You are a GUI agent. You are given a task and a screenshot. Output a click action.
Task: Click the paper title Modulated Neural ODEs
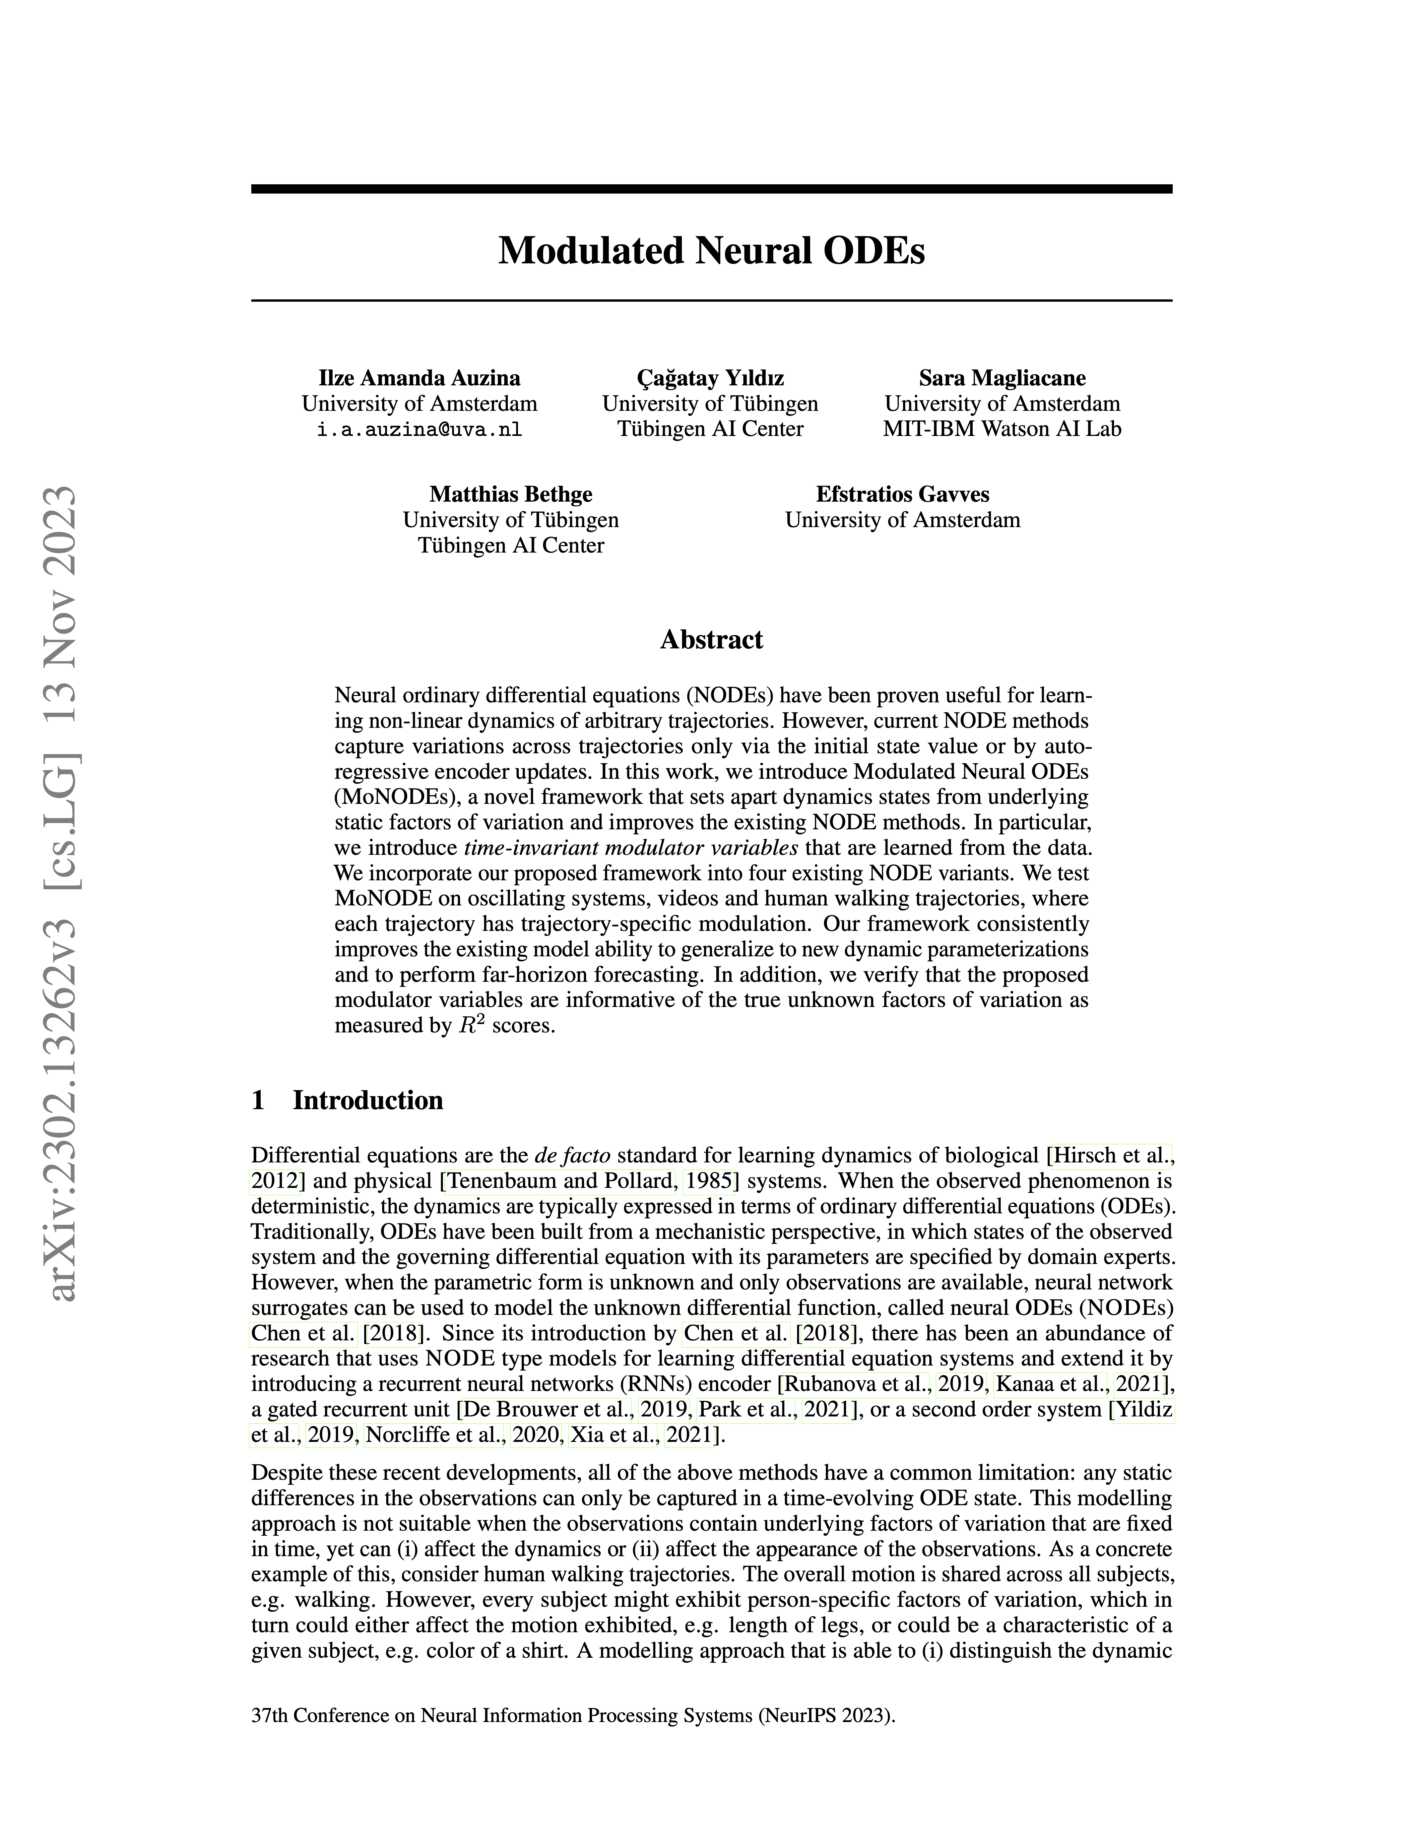711,251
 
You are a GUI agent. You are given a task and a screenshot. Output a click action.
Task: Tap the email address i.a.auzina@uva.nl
419,430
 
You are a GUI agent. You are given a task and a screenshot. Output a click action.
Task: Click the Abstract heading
711,640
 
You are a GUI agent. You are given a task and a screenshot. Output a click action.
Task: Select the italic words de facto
573,1155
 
